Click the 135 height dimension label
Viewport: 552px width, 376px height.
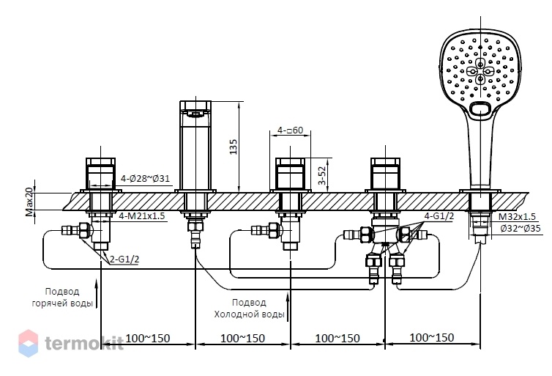pyautogui.click(x=234, y=147)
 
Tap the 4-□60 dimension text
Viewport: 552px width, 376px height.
pyautogui.click(x=290, y=130)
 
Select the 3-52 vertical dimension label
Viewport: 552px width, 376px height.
pyautogui.click(x=322, y=175)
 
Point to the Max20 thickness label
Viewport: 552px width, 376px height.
pyautogui.click(x=29, y=202)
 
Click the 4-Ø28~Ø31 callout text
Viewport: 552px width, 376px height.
pyautogui.click(x=145, y=178)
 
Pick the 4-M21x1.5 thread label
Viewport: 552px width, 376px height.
pyautogui.click(x=141, y=215)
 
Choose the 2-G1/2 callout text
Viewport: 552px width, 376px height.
pyautogui.click(x=124, y=259)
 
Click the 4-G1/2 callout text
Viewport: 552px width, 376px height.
pyautogui.click(x=439, y=216)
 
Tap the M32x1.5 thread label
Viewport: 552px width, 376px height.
pyautogui.click(x=517, y=217)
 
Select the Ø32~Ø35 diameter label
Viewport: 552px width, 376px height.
pyautogui.click(x=521, y=229)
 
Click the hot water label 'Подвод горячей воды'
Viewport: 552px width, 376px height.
pyautogui.click(x=62, y=298)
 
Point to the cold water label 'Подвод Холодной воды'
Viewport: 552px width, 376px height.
pyautogui.click(x=249, y=309)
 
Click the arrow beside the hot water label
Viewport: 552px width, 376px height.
pyautogui.click(x=96, y=293)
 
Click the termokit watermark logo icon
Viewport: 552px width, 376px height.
pyautogui.click(x=28, y=343)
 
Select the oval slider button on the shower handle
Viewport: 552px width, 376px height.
pyautogui.click(x=480, y=108)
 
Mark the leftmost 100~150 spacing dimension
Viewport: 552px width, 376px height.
pyautogui.click(x=148, y=339)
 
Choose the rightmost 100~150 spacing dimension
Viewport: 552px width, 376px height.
pyautogui.click(x=432, y=338)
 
